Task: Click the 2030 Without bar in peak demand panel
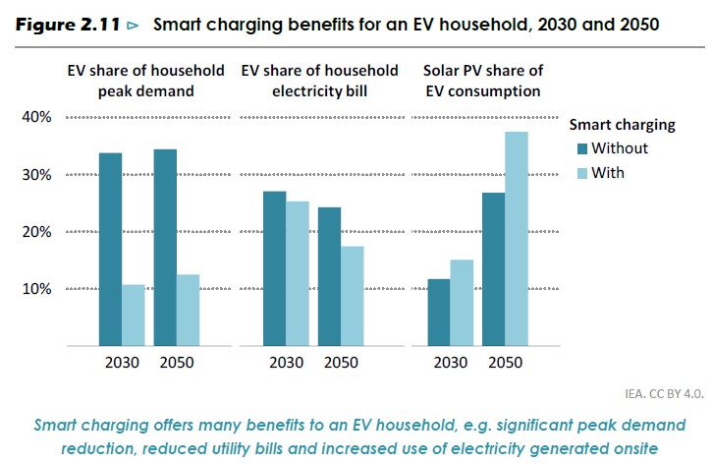click(110, 250)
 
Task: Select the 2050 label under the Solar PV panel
click(506, 362)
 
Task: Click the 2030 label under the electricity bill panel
click(287, 362)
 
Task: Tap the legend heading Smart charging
click(622, 125)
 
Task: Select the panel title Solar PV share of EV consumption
click(481, 81)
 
